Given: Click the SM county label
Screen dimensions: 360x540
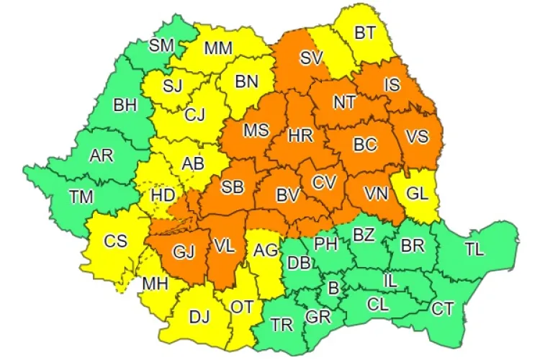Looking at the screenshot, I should (x=162, y=45).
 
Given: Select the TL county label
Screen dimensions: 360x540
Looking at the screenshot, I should (x=474, y=250).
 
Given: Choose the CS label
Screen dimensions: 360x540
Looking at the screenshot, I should (x=115, y=241).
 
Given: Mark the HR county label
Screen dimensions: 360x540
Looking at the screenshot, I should (x=298, y=135).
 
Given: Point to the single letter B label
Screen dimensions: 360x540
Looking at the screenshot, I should (x=333, y=289).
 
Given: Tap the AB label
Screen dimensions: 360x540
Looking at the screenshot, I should (x=192, y=164).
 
